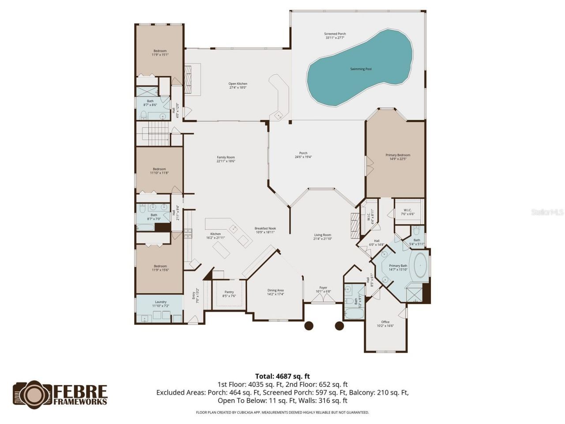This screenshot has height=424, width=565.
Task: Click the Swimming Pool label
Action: (361, 69)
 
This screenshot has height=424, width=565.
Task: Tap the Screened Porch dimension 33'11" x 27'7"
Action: (335, 38)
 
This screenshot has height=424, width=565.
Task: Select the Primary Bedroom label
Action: (398, 155)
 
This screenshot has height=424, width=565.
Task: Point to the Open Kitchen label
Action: (237, 83)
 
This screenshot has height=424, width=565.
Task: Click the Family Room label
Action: (226, 157)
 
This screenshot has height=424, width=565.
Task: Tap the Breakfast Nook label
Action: (265, 228)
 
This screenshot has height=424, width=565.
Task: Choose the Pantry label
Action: (229, 291)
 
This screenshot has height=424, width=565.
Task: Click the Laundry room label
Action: (161, 302)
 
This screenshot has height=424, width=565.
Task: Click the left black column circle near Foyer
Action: (309, 326)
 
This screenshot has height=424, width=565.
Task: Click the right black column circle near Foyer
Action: (339, 326)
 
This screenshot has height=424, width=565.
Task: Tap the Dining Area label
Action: (275, 290)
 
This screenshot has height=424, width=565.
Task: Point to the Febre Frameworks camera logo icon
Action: (33, 394)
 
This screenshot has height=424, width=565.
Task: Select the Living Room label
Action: (322, 235)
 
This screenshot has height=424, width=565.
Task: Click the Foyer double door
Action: (323, 299)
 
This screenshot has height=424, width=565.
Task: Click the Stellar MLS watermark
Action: (547, 212)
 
